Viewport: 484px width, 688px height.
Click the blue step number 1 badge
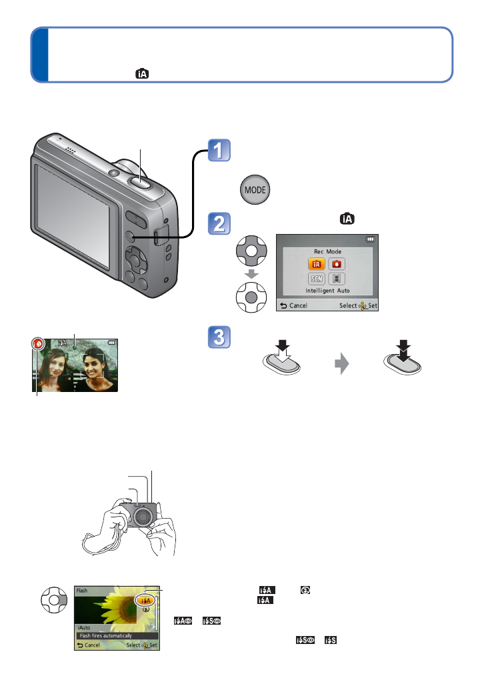219,151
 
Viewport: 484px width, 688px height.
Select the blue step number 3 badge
219,339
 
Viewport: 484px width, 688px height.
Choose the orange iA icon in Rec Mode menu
317,264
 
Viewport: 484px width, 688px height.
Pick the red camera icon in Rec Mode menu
337,264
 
